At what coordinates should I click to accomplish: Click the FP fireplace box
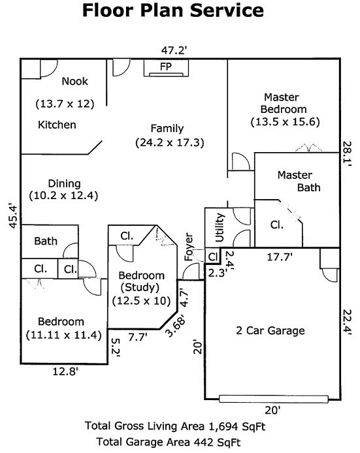tap(166, 68)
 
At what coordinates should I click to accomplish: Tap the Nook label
tap(75, 81)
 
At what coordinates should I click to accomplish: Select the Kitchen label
tap(57, 125)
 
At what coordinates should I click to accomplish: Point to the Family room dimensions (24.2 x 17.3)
tap(170, 142)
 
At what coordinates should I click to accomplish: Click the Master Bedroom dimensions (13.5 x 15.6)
tap(285, 121)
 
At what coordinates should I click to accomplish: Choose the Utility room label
tap(220, 227)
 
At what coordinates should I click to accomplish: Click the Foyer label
tap(189, 247)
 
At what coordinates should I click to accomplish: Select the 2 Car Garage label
tap(270, 330)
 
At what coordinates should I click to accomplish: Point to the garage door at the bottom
tap(274, 399)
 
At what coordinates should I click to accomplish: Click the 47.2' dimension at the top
tap(174, 50)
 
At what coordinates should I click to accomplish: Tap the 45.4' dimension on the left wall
tap(14, 217)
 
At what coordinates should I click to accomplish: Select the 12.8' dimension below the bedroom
tap(65, 371)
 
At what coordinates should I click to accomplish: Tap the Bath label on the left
tap(46, 241)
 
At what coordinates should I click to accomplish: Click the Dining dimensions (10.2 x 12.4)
tap(63, 196)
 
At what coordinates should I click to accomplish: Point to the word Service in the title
tap(227, 10)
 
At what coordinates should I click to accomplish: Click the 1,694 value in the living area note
tap(221, 426)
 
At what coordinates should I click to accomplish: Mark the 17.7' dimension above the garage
tap(280, 257)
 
